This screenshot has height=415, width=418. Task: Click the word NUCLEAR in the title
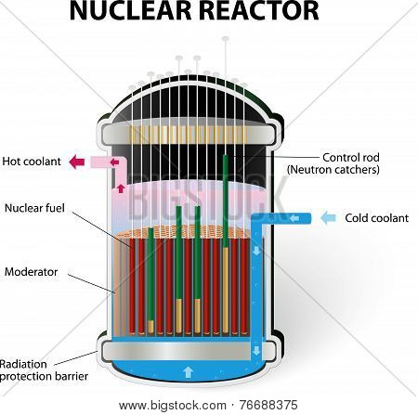click(x=131, y=10)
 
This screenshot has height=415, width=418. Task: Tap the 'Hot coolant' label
click(x=32, y=162)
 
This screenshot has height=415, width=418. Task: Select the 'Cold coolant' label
click(x=377, y=218)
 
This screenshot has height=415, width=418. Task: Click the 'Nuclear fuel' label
click(x=34, y=208)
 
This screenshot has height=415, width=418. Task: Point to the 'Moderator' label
click(x=31, y=272)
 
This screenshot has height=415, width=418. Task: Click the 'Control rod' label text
click(x=351, y=157)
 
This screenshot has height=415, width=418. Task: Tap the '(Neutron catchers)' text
click(x=333, y=170)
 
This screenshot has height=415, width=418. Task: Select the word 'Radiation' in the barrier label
click(x=23, y=364)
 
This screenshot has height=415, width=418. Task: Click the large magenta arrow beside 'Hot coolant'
click(x=77, y=162)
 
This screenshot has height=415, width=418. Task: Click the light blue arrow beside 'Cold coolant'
click(x=328, y=218)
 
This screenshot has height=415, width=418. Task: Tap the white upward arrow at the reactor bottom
click(x=188, y=372)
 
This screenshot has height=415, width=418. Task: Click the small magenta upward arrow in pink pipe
click(x=121, y=188)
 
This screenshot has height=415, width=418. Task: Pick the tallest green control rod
click(x=226, y=201)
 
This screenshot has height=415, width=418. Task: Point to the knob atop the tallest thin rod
click(x=226, y=39)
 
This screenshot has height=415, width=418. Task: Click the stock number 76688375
click(x=268, y=405)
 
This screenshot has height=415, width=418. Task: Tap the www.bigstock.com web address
click(x=173, y=406)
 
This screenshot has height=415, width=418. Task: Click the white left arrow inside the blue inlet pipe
click(x=294, y=219)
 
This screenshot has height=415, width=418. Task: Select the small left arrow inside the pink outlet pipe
click(x=114, y=162)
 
